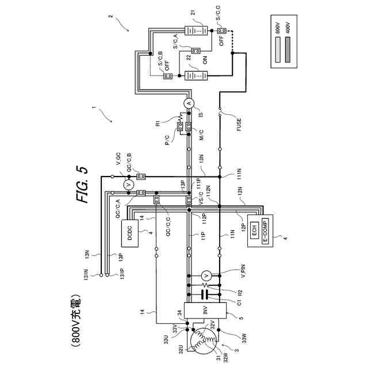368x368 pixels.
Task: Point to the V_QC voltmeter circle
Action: [x=129, y=185]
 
